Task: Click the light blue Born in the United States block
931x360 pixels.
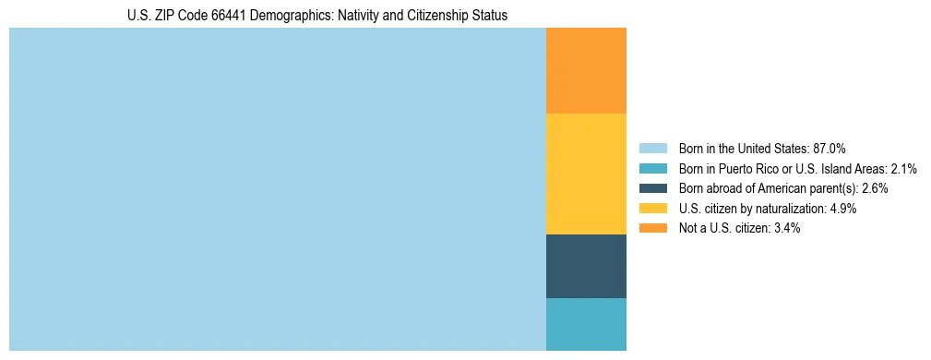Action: [x=277, y=189]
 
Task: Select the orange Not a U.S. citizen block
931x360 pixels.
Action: [x=586, y=71]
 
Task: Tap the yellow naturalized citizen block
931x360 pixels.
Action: [x=586, y=174]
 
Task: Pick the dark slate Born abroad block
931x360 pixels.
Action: [x=586, y=266]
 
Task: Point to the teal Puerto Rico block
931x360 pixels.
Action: [x=586, y=324]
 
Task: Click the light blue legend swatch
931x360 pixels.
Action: [x=652, y=149]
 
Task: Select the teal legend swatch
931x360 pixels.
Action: [x=652, y=169]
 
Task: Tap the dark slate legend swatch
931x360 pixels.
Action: [x=652, y=188]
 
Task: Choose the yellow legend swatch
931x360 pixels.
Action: [x=652, y=209]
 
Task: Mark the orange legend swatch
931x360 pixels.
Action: [x=652, y=228]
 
